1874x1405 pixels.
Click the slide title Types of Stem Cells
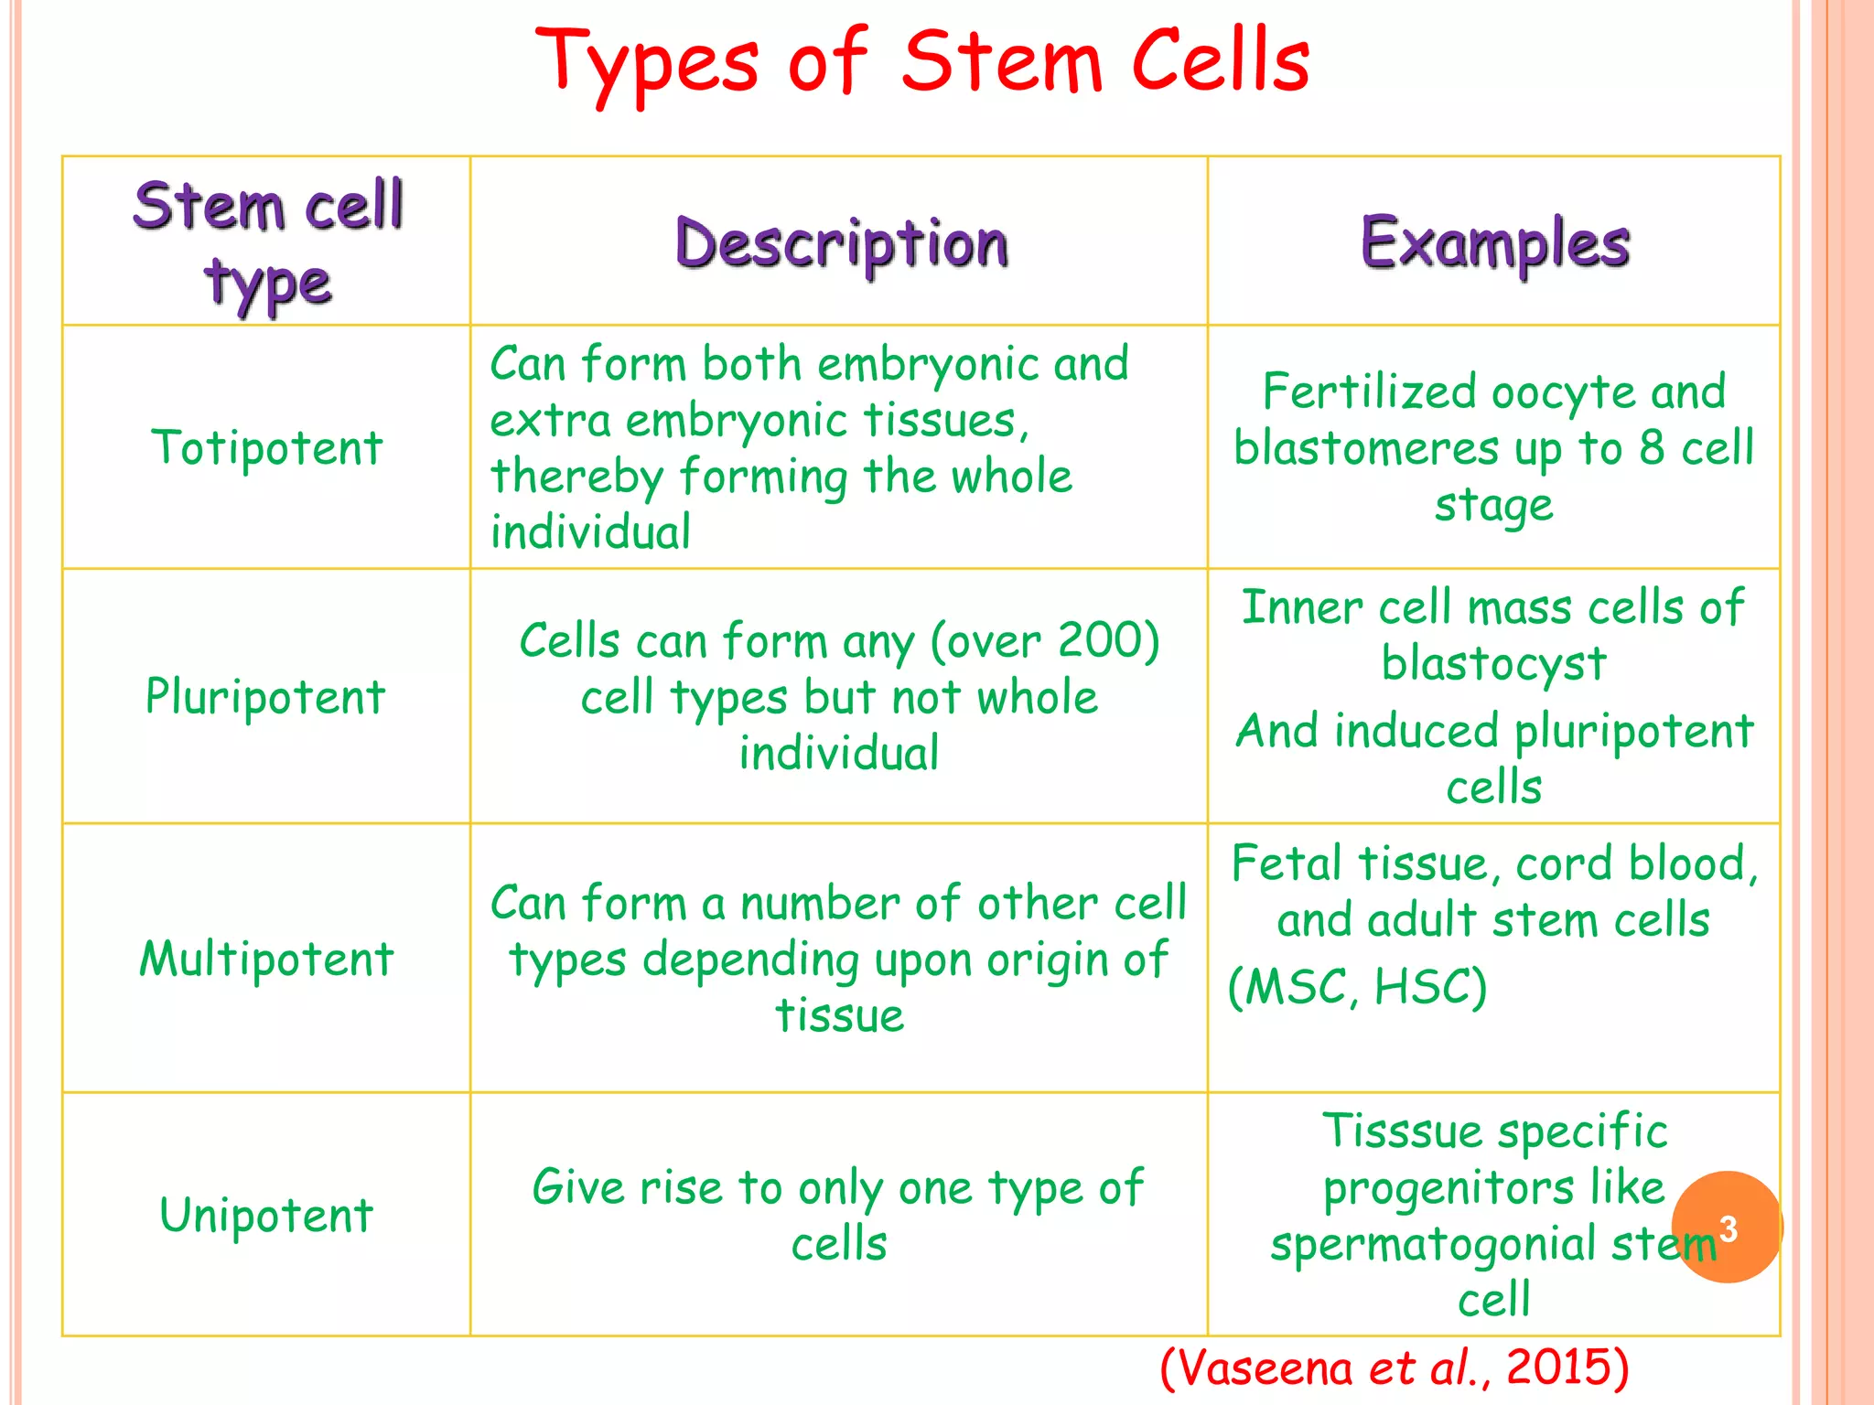922,62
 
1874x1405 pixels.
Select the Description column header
841,244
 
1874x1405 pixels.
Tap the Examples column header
1495,244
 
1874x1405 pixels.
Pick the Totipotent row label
267,448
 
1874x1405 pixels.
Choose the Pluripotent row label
265,697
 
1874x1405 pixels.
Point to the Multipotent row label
266,960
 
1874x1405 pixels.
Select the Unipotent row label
266,1216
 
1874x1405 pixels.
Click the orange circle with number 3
1727,1228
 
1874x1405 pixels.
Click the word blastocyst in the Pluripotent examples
1493,664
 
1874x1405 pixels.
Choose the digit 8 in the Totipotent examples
1652,448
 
